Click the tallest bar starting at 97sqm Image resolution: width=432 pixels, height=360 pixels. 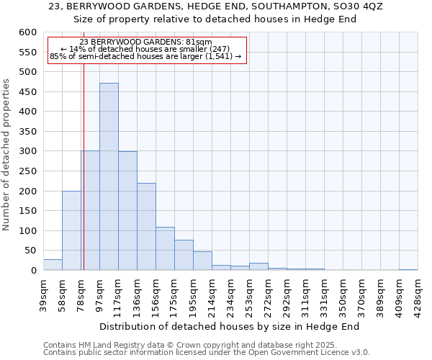(x=109, y=176)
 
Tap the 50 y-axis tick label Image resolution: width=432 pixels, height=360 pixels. (x=30, y=251)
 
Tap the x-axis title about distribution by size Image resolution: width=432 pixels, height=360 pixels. (x=229, y=326)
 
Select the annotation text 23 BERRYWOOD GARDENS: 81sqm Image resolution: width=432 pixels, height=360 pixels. (x=146, y=42)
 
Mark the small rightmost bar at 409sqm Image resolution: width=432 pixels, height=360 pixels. (x=408, y=269)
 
